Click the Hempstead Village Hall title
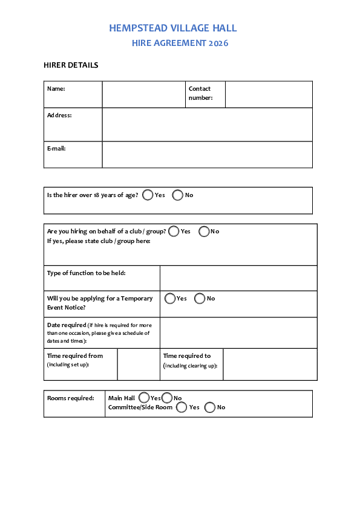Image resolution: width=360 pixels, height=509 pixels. (173, 28)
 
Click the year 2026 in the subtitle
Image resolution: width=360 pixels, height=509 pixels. (218, 44)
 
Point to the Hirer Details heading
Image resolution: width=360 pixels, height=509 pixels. (71, 65)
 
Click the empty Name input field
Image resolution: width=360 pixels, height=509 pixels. (143, 94)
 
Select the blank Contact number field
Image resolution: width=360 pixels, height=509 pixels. (269, 94)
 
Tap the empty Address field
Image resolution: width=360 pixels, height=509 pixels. (207, 125)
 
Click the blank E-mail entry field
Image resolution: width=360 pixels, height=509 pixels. (207, 154)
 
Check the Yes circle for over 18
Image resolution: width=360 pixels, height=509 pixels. (148, 195)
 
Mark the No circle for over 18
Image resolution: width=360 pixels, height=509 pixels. (178, 195)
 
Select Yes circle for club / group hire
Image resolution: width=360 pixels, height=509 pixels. (174, 232)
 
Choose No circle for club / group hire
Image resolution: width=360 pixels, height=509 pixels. (204, 232)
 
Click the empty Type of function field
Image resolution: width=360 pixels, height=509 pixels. (238, 278)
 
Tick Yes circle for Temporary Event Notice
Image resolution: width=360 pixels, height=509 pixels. (170, 299)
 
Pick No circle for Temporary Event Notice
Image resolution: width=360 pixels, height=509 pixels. (200, 299)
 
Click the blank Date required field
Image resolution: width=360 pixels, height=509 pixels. (238, 332)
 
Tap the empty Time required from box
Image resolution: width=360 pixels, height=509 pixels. (139, 364)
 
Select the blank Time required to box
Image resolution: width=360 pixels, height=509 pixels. (270, 364)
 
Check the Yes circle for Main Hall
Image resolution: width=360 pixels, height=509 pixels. (144, 398)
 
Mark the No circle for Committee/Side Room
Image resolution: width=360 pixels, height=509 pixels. (210, 407)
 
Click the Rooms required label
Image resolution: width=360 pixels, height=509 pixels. (71, 398)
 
